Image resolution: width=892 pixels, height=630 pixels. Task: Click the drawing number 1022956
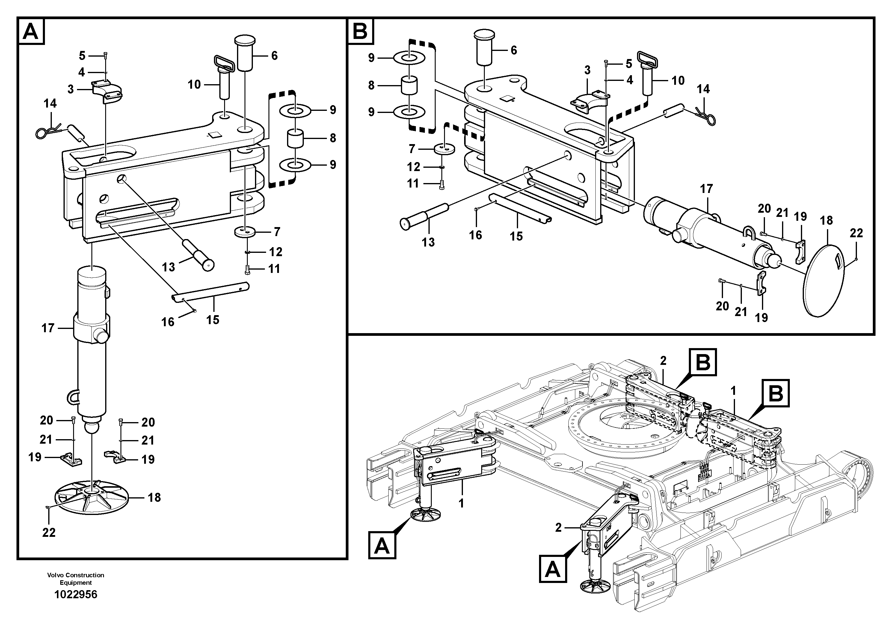[76, 595]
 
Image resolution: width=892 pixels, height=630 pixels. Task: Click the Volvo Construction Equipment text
[76, 579]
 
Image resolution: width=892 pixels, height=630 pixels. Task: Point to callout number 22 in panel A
[49, 533]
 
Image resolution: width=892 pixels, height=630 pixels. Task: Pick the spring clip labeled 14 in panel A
[47, 131]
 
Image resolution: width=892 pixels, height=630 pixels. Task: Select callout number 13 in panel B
[428, 242]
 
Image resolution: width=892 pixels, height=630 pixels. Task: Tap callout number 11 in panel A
[274, 269]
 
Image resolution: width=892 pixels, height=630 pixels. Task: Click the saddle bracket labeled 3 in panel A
[108, 92]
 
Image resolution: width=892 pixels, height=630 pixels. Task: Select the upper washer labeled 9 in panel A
[295, 110]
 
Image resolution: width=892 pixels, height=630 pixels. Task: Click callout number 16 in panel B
[476, 235]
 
